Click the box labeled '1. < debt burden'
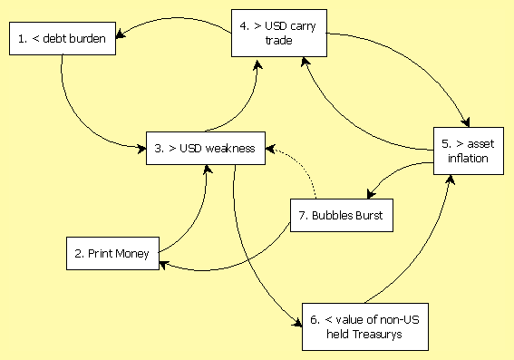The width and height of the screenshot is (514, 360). point(63,39)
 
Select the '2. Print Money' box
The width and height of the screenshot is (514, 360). point(112,253)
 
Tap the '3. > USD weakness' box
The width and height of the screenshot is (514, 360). point(206,148)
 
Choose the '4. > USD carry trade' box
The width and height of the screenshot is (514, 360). point(279,34)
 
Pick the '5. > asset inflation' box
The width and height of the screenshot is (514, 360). point(469,151)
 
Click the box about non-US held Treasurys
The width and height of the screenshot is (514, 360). point(365,326)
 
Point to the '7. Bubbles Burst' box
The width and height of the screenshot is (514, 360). point(342,216)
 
